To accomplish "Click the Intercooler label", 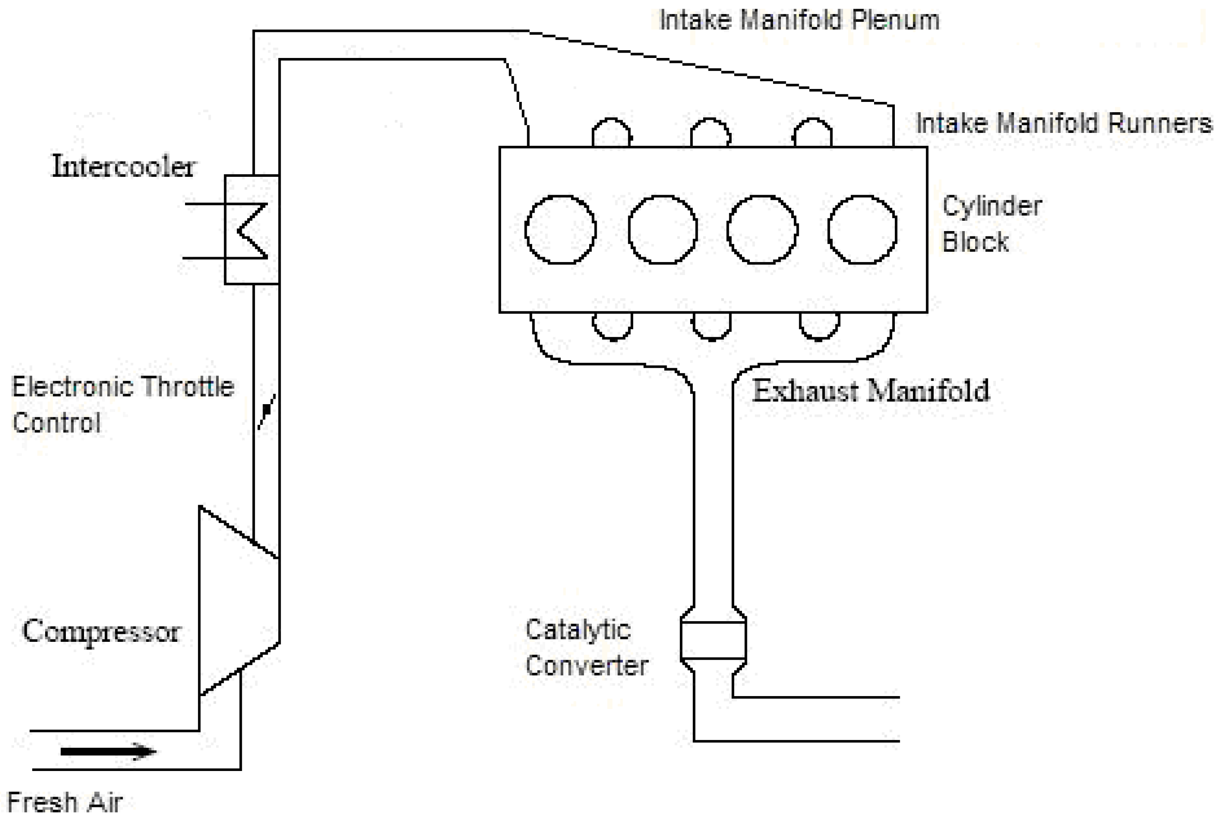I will coord(123,166).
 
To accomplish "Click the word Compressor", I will coord(101,631).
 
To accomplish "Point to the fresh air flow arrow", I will coord(108,751).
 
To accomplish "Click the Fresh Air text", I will coord(65,802).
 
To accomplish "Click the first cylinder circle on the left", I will coord(560,230).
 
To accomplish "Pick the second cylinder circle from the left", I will coord(662,230).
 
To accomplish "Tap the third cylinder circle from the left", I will coord(762,230).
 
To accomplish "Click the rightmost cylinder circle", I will coord(862,230).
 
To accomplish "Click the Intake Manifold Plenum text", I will coord(799,20).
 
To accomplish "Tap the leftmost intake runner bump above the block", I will coord(611,133).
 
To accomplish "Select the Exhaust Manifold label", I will coord(871,391).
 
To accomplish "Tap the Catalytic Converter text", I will coord(586,647).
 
